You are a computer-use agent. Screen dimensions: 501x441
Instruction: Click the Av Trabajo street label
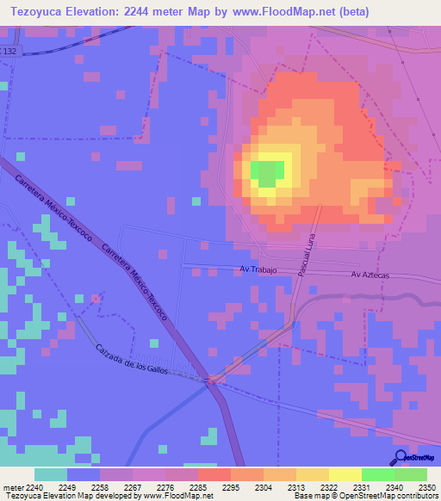coord(257,270)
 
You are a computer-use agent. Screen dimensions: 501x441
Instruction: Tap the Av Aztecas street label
coord(370,274)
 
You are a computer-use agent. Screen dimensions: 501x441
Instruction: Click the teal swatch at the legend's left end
coord(50,474)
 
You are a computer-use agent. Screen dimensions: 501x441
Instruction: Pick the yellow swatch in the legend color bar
coord(345,474)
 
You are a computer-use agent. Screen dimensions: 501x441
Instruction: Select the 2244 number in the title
coord(149,12)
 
